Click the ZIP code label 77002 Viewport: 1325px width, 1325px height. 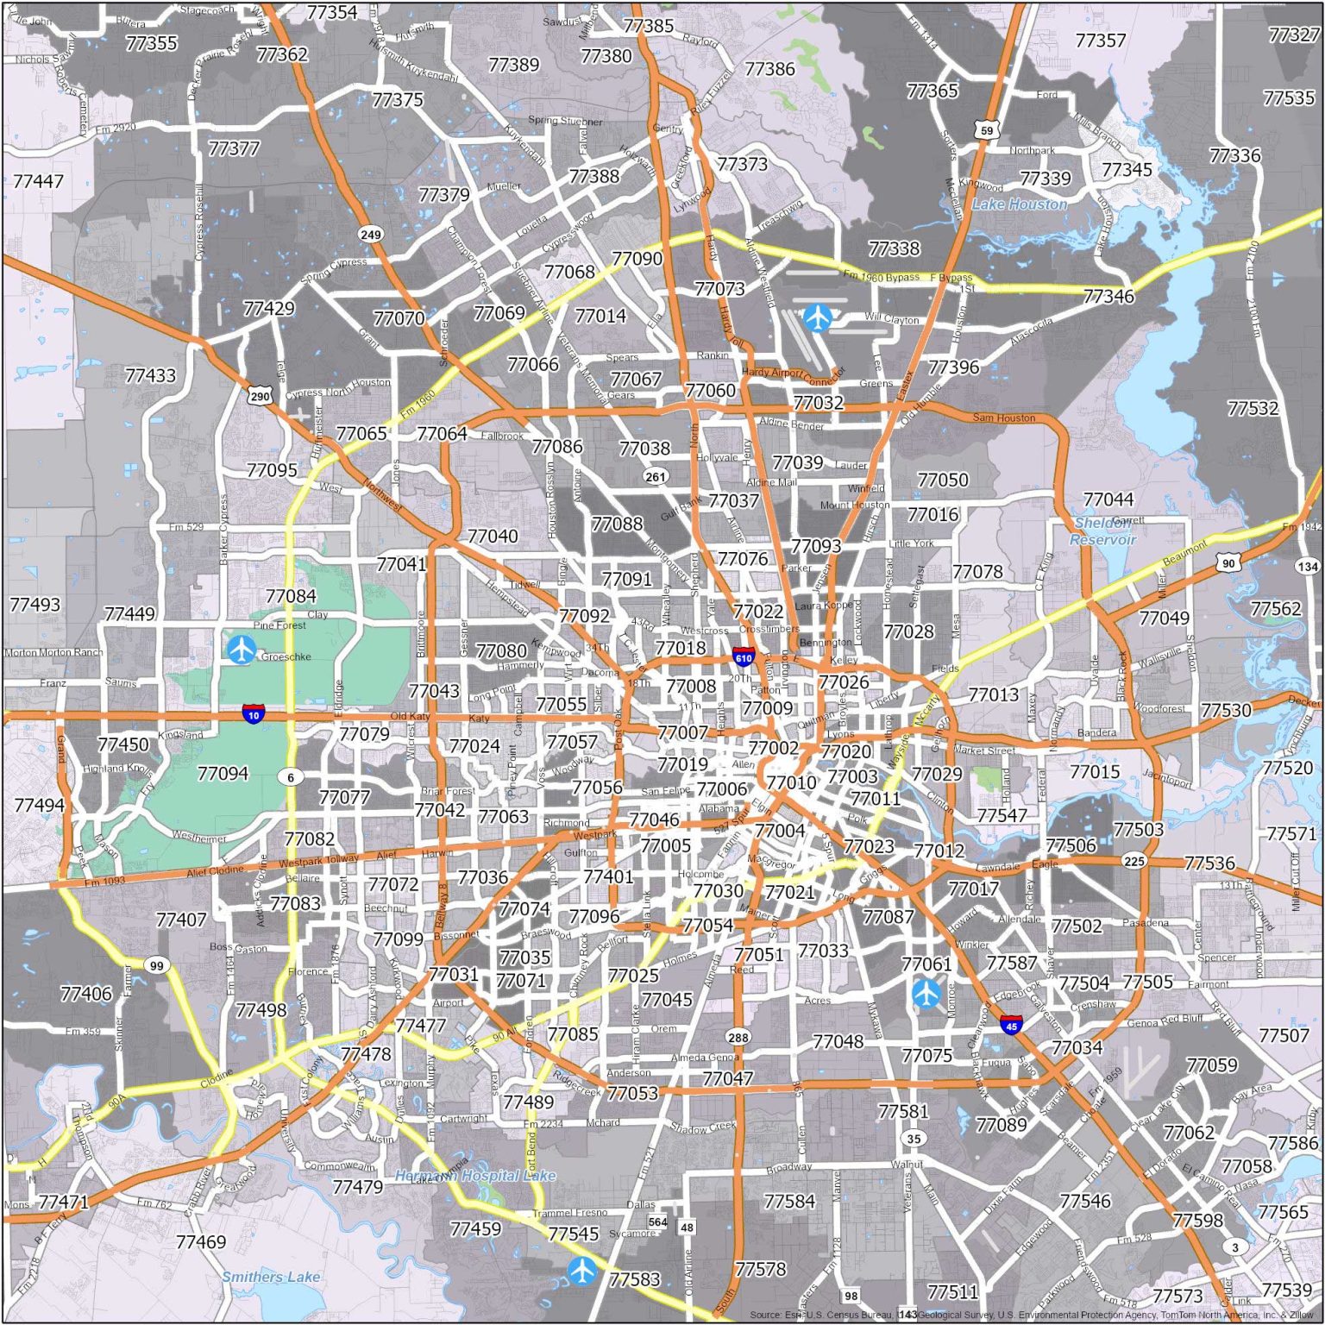coord(774,748)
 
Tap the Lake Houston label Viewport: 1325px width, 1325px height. coord(1019,204)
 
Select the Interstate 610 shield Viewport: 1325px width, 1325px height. coord(743,657)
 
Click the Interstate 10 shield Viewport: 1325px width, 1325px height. coord(253,714)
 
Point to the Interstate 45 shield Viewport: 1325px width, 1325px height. coord(1012,1025)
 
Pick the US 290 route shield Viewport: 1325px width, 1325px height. coord(260,396)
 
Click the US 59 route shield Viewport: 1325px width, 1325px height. coord(986,130)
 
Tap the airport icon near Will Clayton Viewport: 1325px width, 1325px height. coord(817,317)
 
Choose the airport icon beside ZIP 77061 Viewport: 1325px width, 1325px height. coord(926,994)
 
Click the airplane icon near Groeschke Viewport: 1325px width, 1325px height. coord(242,649)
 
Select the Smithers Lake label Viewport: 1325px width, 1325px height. coord(271,1277)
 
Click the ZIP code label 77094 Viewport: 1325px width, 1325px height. coord(223,774)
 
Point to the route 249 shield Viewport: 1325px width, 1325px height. coord(370,234)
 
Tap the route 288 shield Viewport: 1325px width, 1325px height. coord(738,1037)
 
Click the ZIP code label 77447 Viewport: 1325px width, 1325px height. coord(38,181)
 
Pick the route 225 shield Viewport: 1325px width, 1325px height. coord(1133,861)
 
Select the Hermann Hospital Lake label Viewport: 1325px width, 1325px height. coord(474,1176)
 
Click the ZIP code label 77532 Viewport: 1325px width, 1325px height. coord(1253,408)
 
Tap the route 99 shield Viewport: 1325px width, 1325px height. coord(155,965)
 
